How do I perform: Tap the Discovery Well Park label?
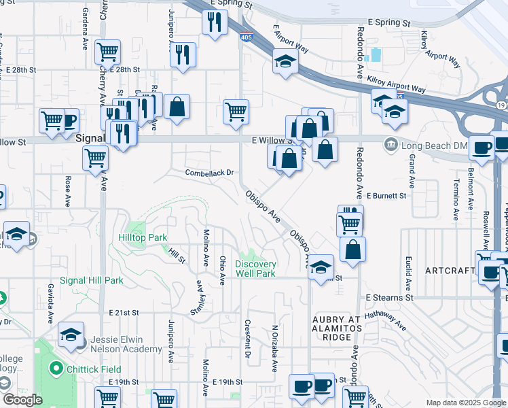255,269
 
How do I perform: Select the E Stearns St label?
389,297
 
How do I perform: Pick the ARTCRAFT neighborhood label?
450,271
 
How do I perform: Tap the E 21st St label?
124,313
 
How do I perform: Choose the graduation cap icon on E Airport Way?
286,62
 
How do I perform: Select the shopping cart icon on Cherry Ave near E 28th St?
108,52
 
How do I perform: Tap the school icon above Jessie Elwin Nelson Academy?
71,335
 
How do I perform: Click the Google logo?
22,400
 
